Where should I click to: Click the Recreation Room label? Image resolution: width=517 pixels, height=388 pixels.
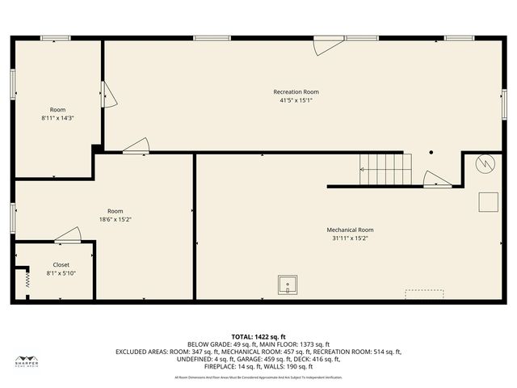click(x=296, y=92)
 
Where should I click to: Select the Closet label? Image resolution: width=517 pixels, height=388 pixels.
click(x=61, y=265)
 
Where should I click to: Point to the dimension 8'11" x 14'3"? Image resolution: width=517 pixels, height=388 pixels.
click(x=58, y=118)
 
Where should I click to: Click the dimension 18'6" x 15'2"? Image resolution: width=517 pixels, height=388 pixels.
click(x=116, y=219)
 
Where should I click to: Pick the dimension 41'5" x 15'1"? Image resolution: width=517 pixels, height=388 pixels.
click(x=296, y=100)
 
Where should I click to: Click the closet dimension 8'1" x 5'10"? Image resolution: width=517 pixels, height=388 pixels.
click(x=61, y=273)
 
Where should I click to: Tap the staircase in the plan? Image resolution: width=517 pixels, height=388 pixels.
click(x=386, y=170)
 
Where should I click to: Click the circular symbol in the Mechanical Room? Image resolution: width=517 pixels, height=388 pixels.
click(x=485, y=164)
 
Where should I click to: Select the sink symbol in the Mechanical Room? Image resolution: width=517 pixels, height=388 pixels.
click(x=288, y=285)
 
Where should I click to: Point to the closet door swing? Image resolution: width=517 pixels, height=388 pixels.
click(x=69, y=235)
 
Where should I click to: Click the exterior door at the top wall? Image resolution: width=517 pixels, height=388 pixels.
click(x=327, y=44)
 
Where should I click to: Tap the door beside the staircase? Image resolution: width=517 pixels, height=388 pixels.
click(x=437, y=179)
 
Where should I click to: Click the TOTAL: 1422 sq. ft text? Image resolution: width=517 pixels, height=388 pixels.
click(x=258, y=336)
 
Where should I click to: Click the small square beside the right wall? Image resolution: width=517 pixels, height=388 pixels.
click(x=488, y=201)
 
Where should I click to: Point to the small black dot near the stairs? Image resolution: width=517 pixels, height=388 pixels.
click(x=431, y=152)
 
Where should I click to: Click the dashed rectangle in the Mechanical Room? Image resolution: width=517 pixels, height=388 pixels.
click(x=424, y=291)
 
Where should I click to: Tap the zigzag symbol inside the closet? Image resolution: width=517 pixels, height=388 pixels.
click(x=24, y=278)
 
